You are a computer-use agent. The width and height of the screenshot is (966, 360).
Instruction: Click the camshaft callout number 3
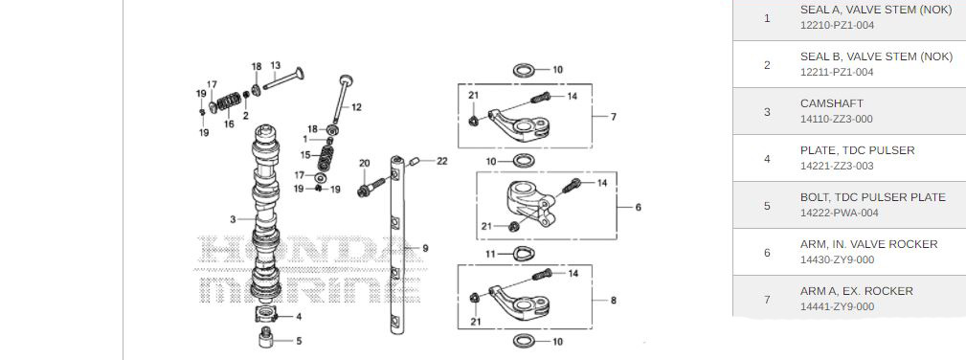pos(233,219)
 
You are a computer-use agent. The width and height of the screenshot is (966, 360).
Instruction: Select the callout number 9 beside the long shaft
pos(425,248)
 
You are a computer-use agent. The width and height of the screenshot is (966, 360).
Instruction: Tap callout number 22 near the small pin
pos(441,161)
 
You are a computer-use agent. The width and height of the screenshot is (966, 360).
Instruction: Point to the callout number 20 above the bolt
pos(364,164)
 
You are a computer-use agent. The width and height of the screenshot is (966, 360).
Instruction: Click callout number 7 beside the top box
pos(613,117)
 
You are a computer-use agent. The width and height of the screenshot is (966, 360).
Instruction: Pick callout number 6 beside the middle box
pos(638,206)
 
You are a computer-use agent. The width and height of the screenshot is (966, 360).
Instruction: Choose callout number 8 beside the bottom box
pos(613,301)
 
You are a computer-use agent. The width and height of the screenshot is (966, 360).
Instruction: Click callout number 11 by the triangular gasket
pos(490,254)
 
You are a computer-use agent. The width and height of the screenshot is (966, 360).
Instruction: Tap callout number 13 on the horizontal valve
pos(275,66)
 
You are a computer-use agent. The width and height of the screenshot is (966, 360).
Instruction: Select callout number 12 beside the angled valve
pos(356,106)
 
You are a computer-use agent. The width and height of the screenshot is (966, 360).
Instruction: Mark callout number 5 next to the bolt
pos(298,340)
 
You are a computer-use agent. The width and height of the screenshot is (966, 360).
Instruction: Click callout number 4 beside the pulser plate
pos(298,316)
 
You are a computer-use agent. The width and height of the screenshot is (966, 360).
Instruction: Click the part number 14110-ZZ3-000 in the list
pos(836,119)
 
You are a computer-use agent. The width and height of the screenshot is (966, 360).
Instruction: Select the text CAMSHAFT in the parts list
pos(831,102)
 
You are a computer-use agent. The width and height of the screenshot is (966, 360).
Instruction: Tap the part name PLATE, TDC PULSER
pos(857,150)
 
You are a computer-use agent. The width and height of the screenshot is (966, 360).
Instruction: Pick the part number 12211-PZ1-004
pos(836,72)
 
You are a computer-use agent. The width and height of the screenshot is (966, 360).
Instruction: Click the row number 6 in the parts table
pos(767,252)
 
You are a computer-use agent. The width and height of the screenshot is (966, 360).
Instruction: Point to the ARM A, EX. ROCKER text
pos(856,290)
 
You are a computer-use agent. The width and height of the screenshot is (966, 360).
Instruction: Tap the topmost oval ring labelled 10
pos(525,70)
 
